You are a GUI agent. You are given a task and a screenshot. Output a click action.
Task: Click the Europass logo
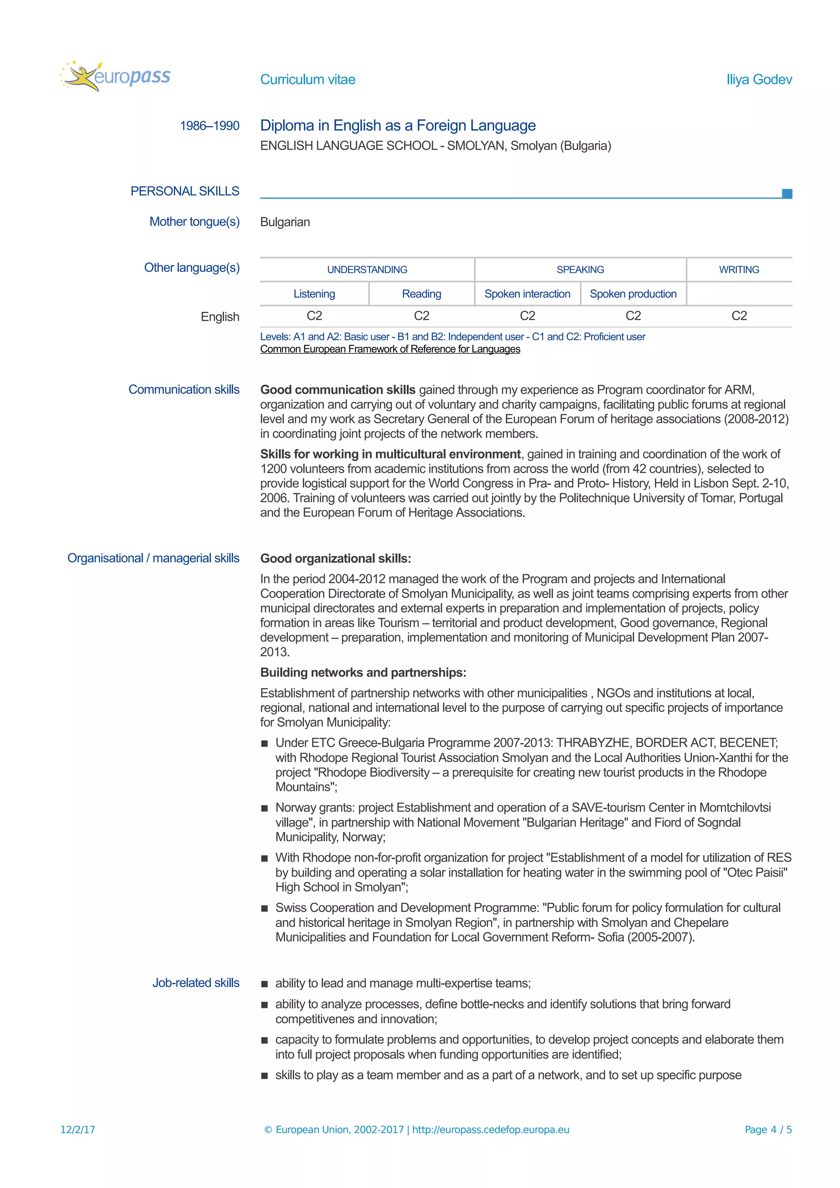(115, 77)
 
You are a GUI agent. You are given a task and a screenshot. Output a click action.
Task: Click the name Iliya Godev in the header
(759, 80)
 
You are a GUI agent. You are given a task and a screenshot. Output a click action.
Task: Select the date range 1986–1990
(209, 126)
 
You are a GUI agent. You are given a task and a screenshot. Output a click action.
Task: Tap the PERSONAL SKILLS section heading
(184, 191)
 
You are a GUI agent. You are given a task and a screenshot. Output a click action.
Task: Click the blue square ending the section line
(787, 193)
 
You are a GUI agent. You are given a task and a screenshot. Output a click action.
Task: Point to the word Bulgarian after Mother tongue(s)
(285, 222)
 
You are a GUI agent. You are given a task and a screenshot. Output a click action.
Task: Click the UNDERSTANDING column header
(367, 270)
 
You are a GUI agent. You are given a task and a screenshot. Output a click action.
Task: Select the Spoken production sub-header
(633, 294)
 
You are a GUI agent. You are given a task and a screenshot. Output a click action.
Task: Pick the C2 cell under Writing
(739, 316)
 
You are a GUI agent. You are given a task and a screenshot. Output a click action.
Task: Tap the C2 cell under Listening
(314, 316)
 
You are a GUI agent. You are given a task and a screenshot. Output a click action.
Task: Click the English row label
(220, 316)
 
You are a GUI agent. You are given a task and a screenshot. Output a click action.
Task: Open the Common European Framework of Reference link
(390, 349)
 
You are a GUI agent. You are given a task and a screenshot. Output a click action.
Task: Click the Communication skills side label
(184, 389)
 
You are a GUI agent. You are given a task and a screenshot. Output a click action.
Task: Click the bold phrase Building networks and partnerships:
(363, 672)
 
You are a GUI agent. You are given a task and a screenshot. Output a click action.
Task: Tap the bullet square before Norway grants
(265, 808)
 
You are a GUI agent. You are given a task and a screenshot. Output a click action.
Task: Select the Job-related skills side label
(196, 983)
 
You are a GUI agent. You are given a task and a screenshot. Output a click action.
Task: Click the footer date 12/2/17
(78, 1129)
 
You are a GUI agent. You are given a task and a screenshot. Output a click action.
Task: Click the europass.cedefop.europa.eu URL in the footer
(491, 1129)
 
